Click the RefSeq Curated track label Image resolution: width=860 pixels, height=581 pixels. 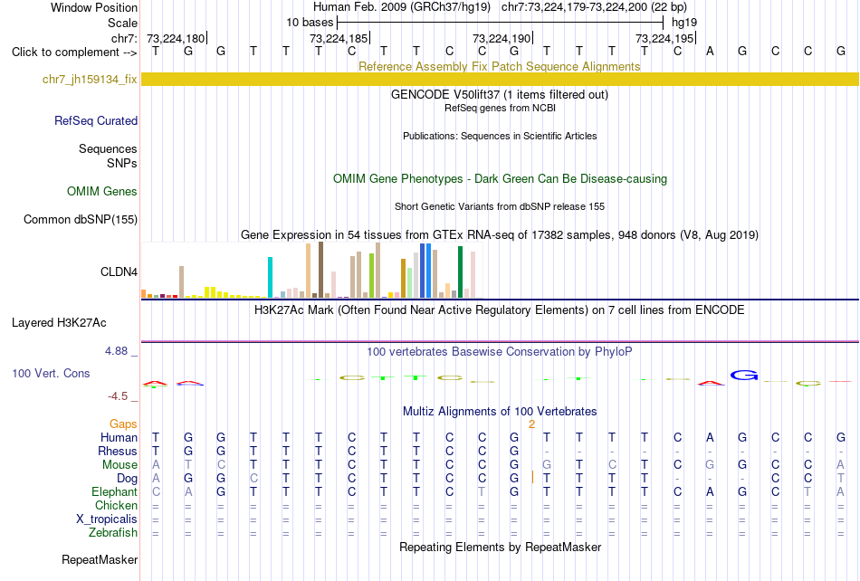96,120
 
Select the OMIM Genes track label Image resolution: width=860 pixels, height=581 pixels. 102,191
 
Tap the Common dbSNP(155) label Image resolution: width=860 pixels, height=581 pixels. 81,219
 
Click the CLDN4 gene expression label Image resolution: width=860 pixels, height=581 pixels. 119,271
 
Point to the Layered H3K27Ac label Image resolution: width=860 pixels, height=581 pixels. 59,323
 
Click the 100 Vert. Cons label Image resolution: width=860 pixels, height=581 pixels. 51,373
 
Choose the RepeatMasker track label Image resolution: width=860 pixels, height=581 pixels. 100,559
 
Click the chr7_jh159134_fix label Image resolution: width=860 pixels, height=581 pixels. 90,80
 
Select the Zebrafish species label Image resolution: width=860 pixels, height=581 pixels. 113,532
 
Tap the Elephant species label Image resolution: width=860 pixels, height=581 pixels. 115,491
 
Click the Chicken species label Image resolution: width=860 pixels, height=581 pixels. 116,505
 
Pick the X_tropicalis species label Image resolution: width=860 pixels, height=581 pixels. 107,519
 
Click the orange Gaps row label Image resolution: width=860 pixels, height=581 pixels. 123,424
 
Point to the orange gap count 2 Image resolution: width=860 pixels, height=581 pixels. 531,424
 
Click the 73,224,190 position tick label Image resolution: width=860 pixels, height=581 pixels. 502,38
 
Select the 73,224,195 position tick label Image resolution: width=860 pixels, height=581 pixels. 664,38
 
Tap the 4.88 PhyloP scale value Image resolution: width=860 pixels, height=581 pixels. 117,351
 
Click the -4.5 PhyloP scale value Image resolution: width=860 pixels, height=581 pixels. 118,395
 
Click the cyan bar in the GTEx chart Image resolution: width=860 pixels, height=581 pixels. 270,277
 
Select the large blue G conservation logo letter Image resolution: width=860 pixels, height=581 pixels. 744,376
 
